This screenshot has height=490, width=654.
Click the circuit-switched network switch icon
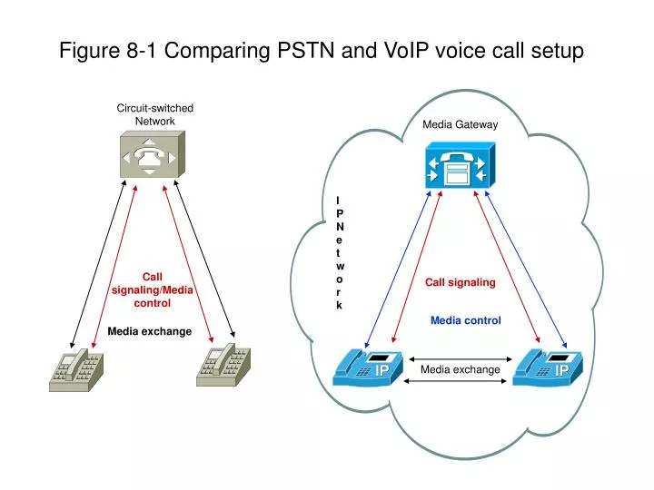(x=151, y=154)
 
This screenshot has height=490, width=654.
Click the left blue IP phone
(x=367, y=367)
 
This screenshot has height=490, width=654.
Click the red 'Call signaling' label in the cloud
(x=461, y=282)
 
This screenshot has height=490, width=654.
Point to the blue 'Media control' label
(x=465, y=320)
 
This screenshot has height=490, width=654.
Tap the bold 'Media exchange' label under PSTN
(x=149, y=331)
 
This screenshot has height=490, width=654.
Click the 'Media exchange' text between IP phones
(x=460, y=369)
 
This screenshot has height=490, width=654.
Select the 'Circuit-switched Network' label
(x=154, y=114)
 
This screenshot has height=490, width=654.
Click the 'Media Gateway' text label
(x=460, y=124)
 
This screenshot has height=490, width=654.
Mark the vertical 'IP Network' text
(x=339, y=252)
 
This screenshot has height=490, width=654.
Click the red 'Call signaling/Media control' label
(x=153, y=289)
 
